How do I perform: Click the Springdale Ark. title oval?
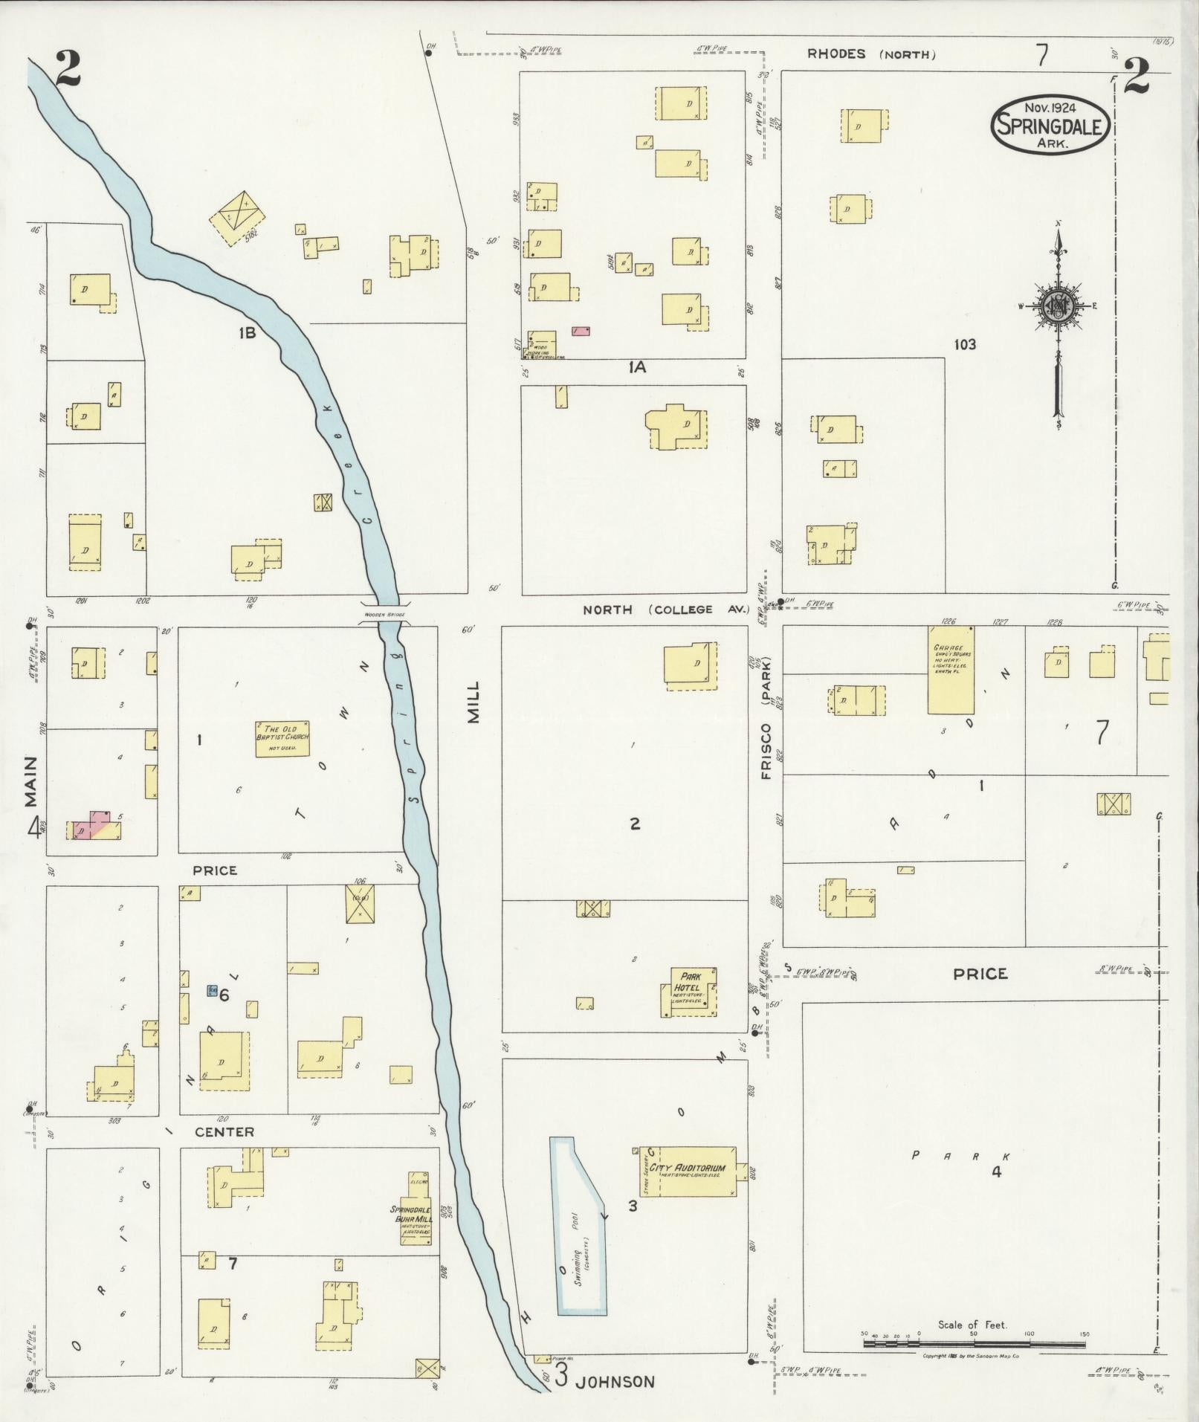[x=1050, y=125]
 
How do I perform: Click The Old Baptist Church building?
[x=282, y=738]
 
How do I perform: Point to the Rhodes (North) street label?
[x=870, y=54]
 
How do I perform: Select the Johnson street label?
[x=616, y=1382]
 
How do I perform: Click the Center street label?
[x=224, y=1132]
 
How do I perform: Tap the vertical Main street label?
[x=30, y=781]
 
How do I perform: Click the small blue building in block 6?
[x=213, y=991]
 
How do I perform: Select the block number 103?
[x=964, y=344]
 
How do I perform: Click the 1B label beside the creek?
[x=247, y=334]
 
